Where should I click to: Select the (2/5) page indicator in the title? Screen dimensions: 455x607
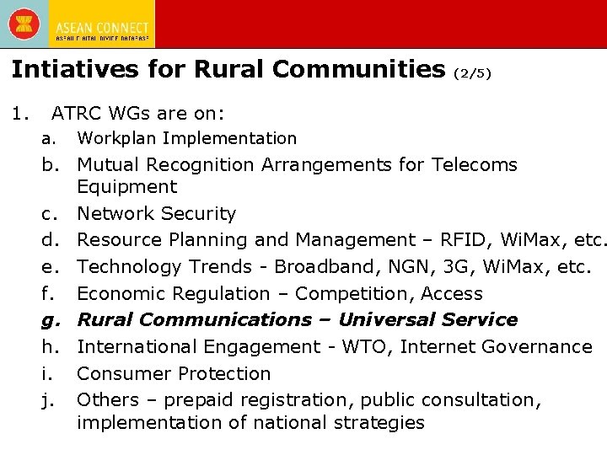point(472,73)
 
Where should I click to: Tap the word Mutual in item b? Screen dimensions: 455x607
point(107,164)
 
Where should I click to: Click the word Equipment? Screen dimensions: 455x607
point(126,187)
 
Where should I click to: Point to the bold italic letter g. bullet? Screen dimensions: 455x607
point(50,321)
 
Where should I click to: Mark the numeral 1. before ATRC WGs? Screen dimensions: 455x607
point(20,112)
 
